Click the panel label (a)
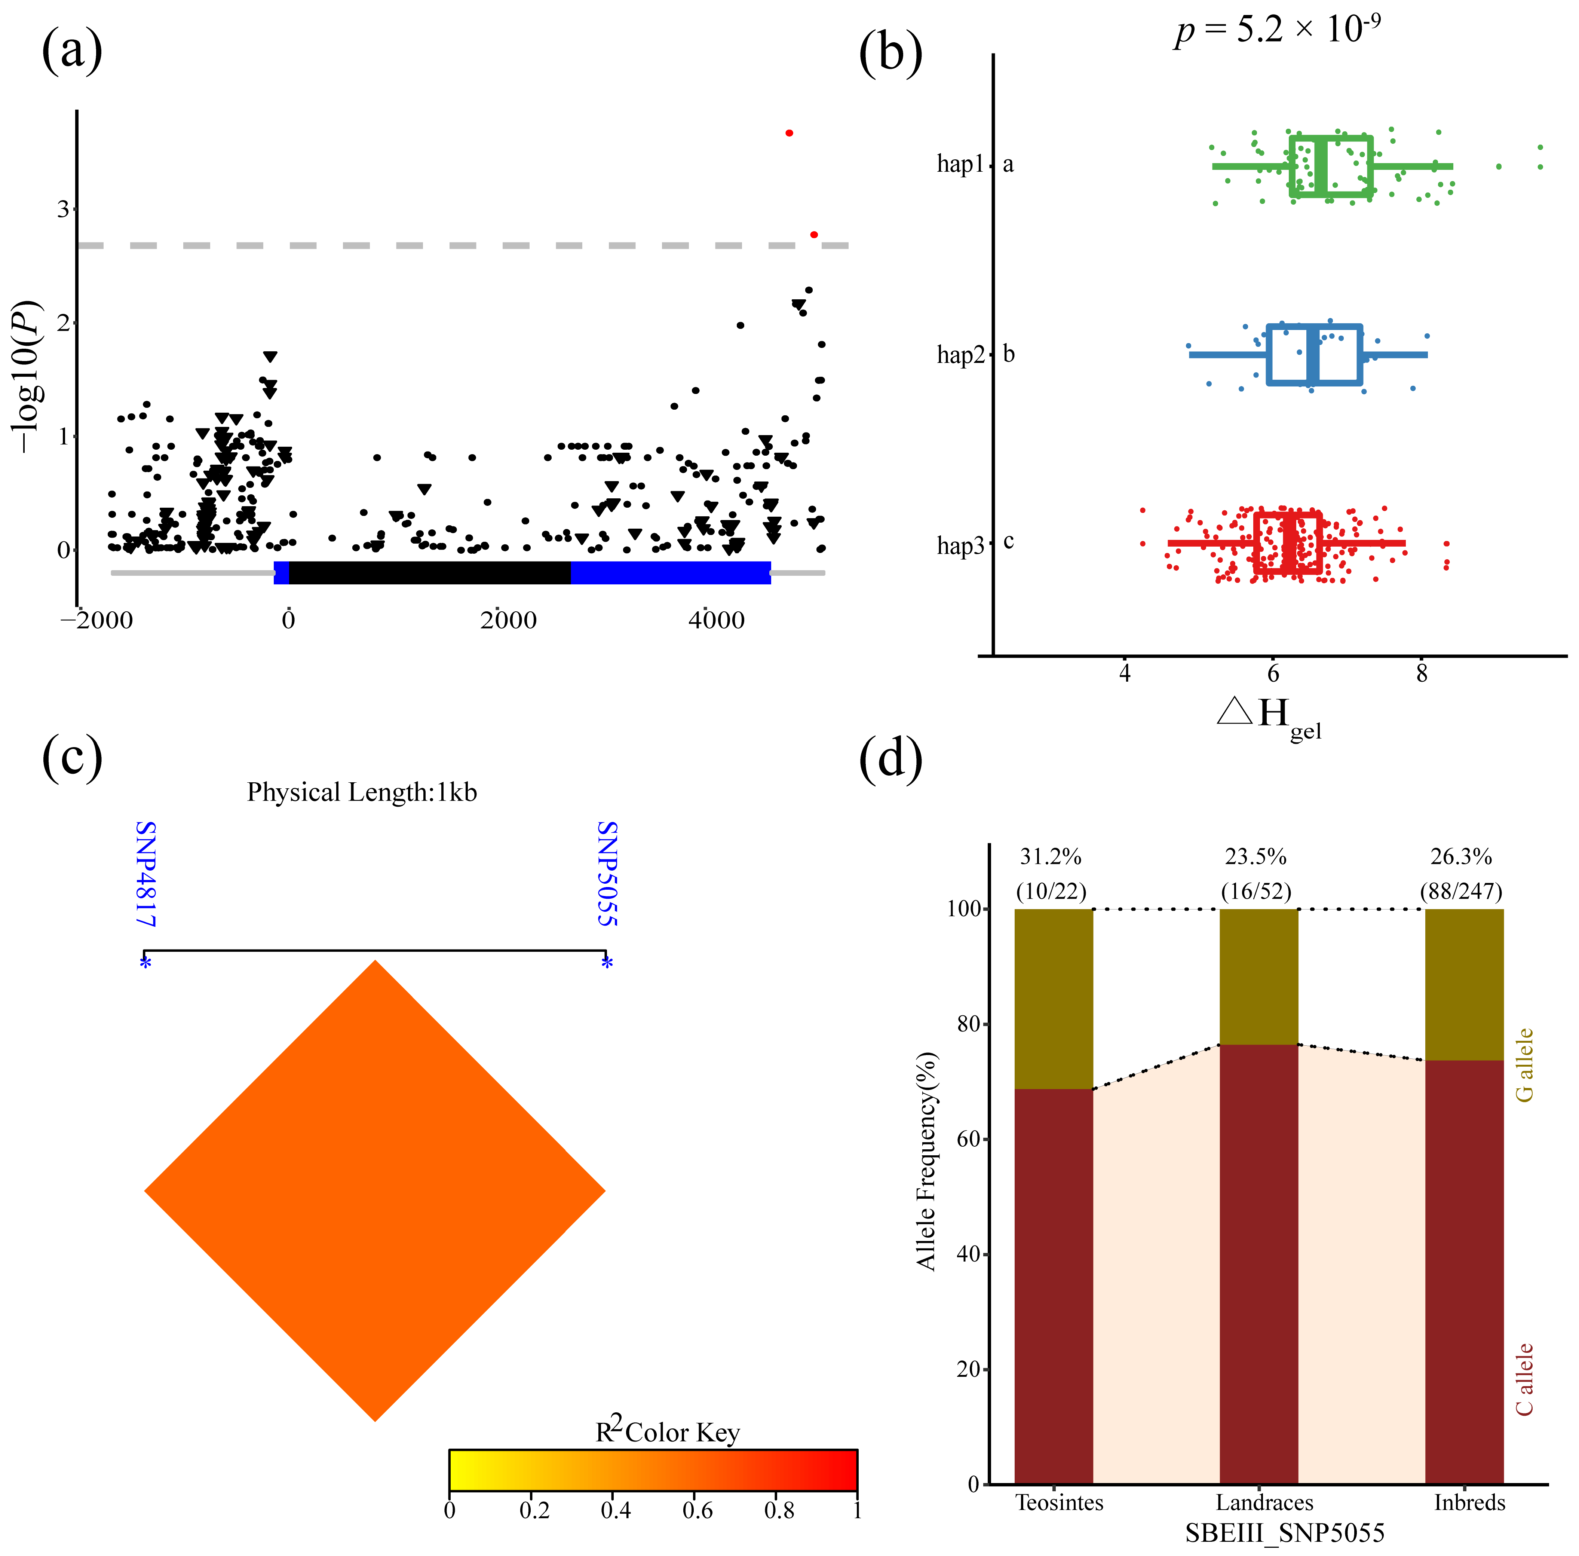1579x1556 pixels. pyautogui.click(x=72, y=51)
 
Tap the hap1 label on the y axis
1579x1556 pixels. pyautogui.click(x=960, y=164)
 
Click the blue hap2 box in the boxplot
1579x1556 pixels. pyautogui.click(x=1313, y=355)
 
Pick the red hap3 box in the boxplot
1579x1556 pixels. pyautogui.click(x=1287, y=542)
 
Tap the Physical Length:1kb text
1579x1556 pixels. pyautogui.click(x=362, y=793)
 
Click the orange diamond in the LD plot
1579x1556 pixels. pyautogui.click(x=375, y=1191)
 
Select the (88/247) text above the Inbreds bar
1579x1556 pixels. pyautogui.click(x=1461, y=891)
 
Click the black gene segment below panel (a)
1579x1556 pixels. pyautogui.click(x=430, y=572)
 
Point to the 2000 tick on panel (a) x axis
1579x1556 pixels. pyautogui.click(x=508, y=620)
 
